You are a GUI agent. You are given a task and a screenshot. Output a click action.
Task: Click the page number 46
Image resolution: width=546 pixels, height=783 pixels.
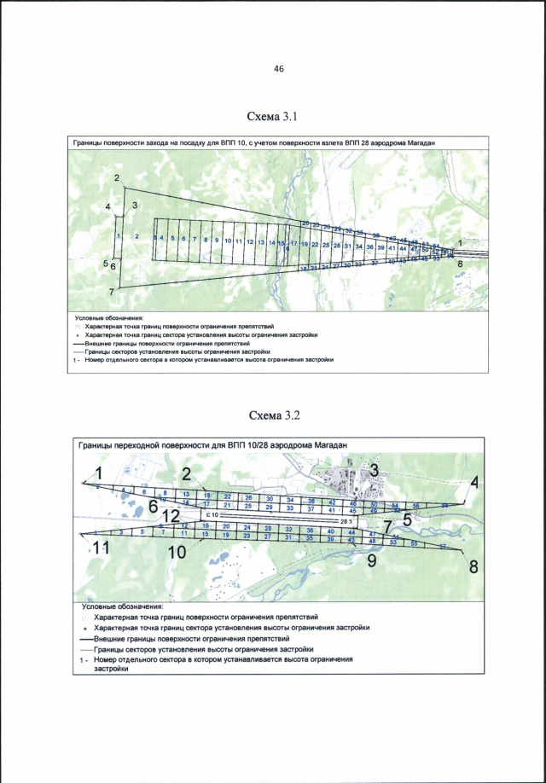(278, 69)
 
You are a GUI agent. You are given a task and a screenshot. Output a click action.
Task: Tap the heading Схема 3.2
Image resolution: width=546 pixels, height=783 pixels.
(274, 415)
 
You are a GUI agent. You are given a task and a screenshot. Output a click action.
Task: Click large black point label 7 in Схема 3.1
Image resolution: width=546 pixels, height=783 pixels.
(112, 292)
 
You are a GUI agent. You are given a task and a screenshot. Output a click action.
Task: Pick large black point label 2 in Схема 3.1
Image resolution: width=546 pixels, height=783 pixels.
(116, 177)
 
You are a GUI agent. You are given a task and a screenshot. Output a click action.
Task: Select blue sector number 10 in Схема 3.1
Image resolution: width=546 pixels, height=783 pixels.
(227, 241)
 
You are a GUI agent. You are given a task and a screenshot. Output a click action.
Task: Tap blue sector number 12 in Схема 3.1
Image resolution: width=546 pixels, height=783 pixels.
(250, 241)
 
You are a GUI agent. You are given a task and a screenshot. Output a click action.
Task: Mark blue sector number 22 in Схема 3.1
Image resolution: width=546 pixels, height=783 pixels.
(315, 245)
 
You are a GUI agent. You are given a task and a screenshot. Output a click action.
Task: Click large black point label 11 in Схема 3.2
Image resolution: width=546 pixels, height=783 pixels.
(102, 549)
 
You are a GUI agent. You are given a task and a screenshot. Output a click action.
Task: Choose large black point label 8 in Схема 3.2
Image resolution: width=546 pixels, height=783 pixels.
(473, 566)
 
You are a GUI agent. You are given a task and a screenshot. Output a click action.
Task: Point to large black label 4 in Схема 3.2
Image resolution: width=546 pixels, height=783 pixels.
(474, 480)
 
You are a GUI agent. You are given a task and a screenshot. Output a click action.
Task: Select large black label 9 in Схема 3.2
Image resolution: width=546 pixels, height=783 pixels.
(371, 560)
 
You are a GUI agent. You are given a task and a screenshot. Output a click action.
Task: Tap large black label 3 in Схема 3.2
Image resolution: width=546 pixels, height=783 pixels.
(373, 470)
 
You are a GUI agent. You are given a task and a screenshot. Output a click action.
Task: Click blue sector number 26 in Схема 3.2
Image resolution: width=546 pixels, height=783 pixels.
(248, 497)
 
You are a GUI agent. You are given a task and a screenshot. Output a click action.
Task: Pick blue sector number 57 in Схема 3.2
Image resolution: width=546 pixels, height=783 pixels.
(443, 546)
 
